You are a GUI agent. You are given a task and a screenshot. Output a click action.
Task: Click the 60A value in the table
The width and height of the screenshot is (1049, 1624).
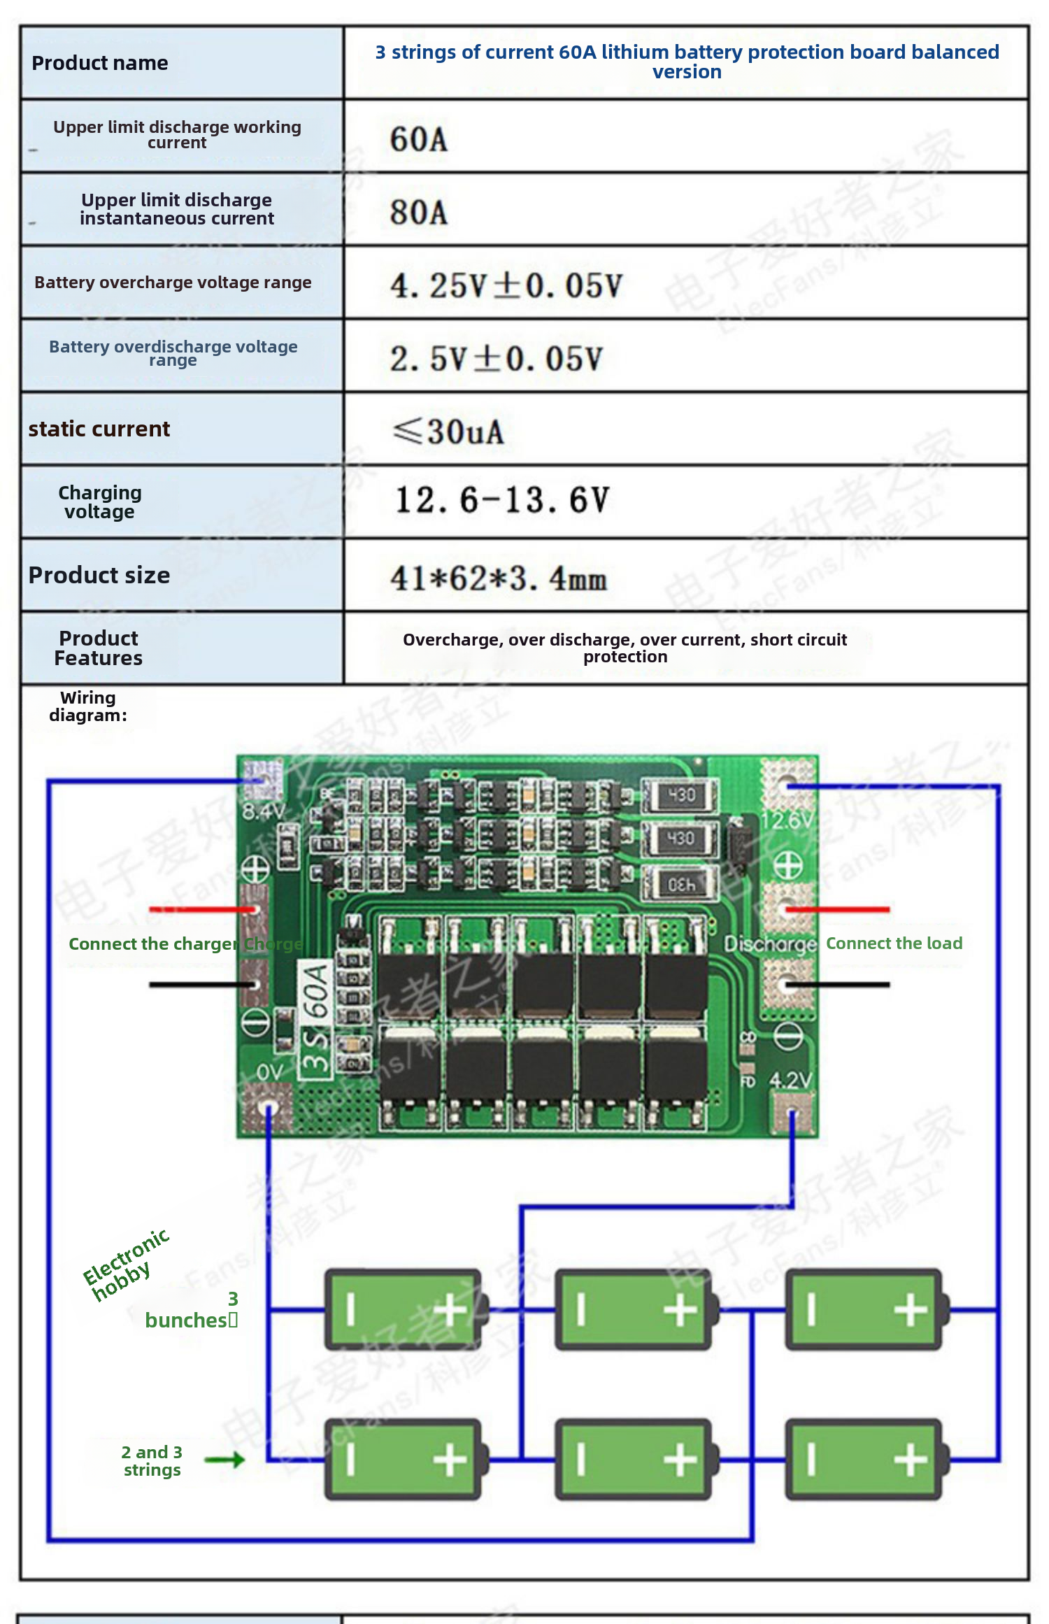418,139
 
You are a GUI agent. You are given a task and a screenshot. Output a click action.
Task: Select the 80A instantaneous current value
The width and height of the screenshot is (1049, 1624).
418,213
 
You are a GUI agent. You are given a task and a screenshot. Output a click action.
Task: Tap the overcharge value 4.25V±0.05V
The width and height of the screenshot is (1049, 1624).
506,285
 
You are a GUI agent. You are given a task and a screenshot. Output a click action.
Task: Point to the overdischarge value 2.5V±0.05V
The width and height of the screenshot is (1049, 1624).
496,359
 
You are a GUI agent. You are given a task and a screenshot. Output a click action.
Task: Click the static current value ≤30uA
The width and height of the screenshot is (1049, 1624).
448,432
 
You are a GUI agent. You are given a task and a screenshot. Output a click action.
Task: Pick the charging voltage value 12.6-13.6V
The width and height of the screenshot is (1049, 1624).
502,501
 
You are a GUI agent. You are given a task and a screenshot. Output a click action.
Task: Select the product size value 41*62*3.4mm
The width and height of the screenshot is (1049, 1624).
499,578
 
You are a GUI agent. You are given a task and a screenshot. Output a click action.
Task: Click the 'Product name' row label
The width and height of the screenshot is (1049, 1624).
100,64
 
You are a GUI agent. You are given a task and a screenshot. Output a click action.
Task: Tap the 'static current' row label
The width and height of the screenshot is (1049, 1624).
99,429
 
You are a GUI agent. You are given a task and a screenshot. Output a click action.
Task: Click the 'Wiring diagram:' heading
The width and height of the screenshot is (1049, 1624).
88,706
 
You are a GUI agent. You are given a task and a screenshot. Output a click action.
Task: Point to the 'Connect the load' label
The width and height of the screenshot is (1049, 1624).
894,943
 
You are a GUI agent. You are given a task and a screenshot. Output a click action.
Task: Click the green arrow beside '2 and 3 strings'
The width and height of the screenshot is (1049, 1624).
225,1460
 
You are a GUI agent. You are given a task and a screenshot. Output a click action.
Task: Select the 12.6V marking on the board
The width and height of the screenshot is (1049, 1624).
787,820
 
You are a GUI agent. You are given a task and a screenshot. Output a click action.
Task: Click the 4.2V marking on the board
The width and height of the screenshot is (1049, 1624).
791,1081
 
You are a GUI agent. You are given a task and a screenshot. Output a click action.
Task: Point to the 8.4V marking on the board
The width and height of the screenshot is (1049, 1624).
263,812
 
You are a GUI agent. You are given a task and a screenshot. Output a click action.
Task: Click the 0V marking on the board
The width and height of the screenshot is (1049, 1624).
269,1072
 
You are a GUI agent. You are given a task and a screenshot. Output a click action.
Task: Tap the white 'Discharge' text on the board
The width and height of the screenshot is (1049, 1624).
770,944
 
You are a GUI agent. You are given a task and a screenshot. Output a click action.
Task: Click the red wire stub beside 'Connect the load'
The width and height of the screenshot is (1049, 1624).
839,910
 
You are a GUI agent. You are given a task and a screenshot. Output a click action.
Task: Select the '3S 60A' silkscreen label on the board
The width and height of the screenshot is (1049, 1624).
316,1018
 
